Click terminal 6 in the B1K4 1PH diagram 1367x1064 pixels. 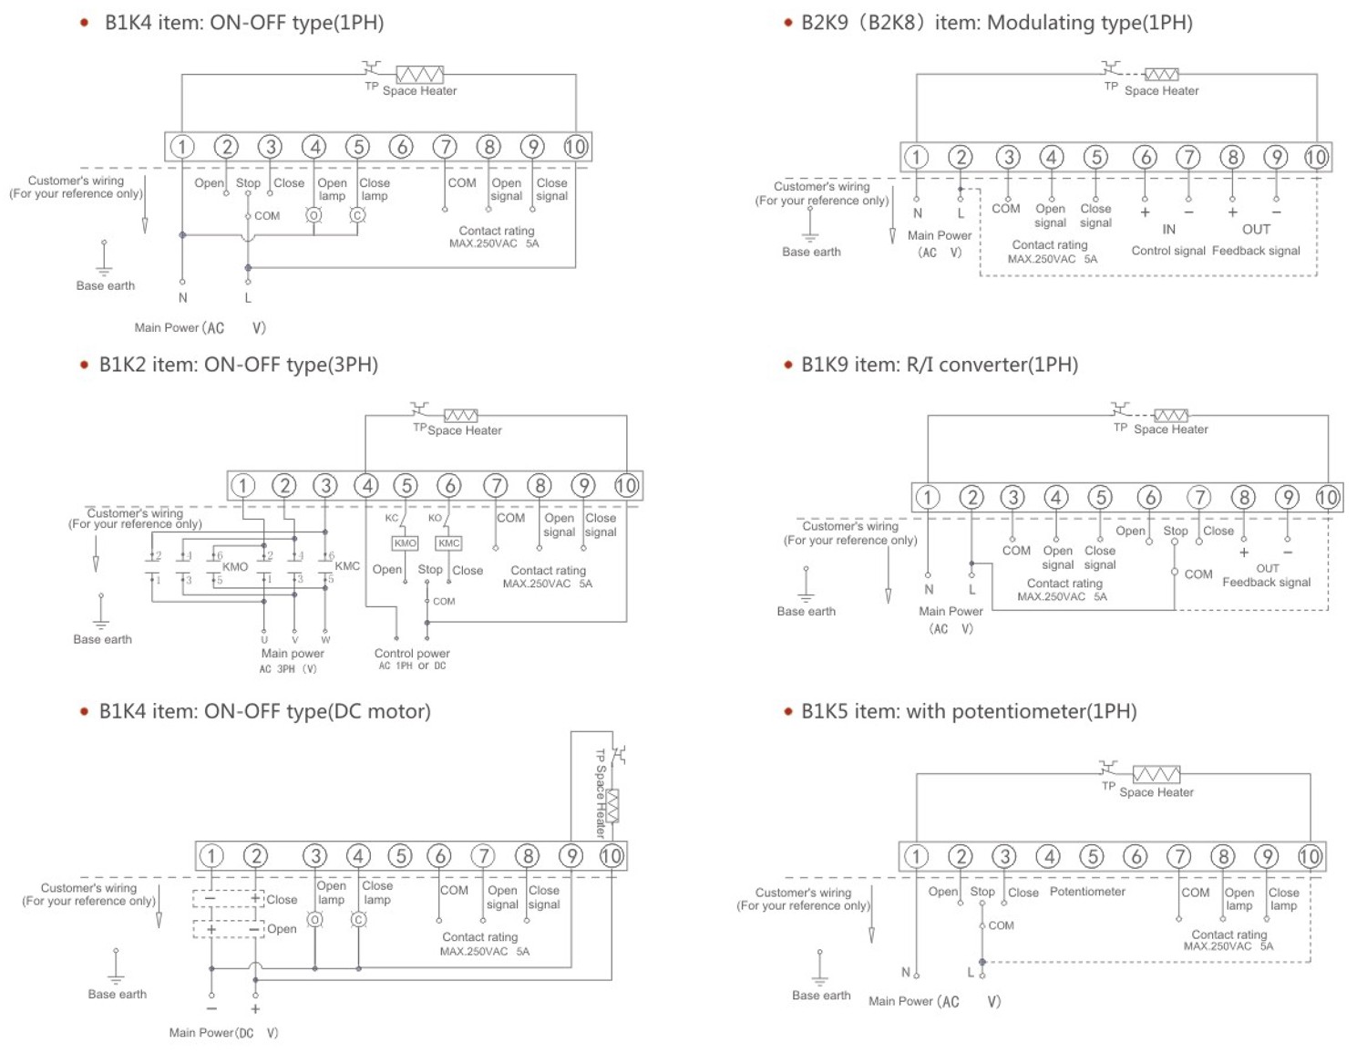401,147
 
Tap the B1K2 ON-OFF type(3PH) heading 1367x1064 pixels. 238,365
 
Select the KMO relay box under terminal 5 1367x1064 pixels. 405,543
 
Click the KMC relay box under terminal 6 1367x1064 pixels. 448,543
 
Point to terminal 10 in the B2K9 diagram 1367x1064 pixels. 1316,157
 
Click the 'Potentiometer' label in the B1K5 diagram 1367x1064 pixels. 1087,892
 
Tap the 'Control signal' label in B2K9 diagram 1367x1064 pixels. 1168,251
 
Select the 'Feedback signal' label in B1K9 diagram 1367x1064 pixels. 1266,583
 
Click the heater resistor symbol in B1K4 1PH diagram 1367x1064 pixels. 419,75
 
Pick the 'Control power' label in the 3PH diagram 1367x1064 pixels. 412,654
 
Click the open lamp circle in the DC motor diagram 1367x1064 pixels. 315,920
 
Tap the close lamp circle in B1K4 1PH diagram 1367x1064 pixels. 358,215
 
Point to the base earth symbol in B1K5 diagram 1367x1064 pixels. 820,966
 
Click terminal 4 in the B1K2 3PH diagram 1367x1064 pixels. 367,486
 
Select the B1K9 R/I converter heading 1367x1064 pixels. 940,365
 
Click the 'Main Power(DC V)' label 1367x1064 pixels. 223,1033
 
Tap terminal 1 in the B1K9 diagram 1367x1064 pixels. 927,497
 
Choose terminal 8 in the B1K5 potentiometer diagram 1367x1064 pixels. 1222,856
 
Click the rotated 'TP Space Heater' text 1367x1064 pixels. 601,793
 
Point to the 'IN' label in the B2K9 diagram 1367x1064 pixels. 1168,230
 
